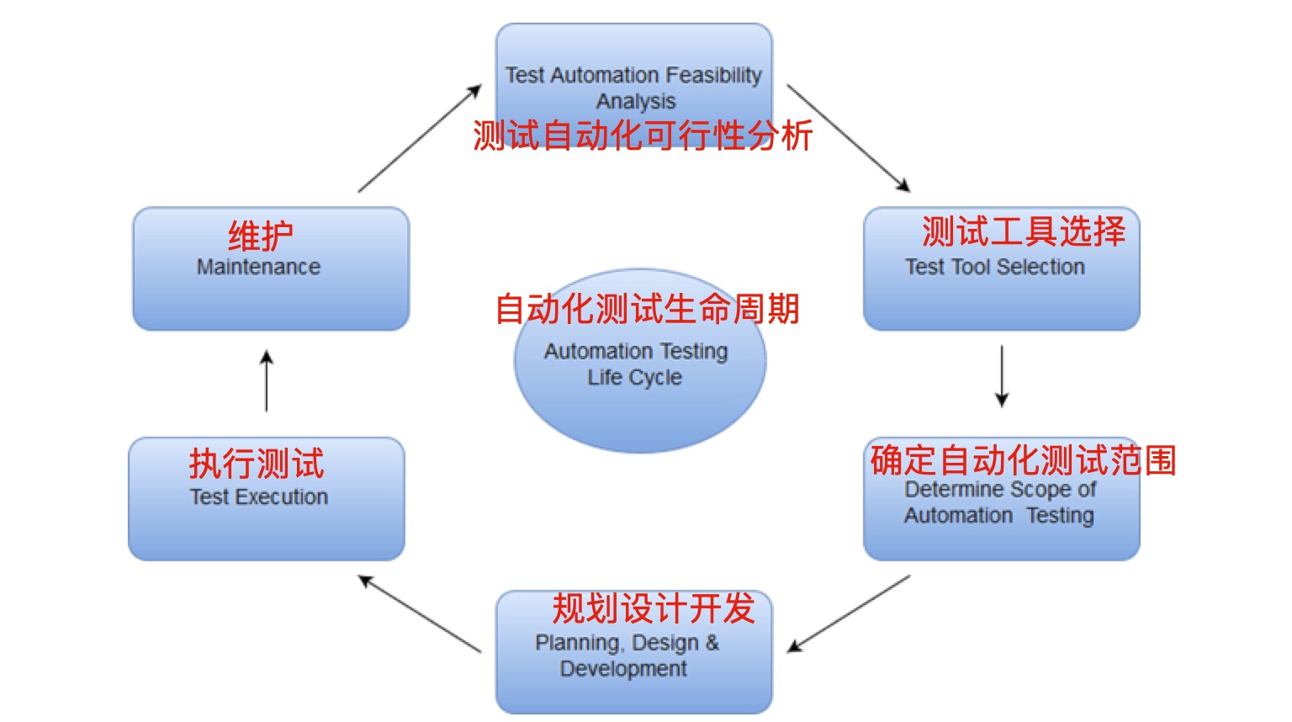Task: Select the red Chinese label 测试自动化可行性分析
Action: coord(643,135)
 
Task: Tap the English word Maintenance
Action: coord(258,267)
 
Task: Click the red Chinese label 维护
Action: coord(261,236)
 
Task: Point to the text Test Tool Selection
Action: coord(994,267)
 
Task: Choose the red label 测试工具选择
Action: coord(1023,231)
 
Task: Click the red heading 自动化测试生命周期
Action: coord(647,309)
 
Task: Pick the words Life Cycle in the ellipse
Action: coord(635,377)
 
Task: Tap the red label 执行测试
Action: coord(257,464)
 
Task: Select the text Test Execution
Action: coord(258,497)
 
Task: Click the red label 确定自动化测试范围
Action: coord(1023,460)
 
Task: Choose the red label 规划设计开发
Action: coord(654,608)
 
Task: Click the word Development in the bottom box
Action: coord(623,669)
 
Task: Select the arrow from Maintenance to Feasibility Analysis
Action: coord(419,139)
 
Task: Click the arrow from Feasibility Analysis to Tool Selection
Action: coord(848,137)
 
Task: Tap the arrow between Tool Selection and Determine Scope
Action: coord(1002,376)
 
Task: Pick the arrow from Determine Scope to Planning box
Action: coord(849,613)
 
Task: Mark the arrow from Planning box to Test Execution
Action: coord(420,613)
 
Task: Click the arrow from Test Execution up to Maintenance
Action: coord(267,381)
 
